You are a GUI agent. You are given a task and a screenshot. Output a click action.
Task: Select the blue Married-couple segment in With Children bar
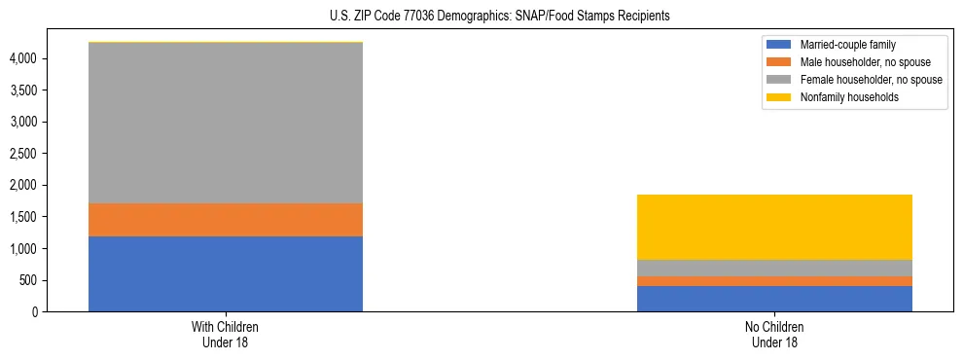pyautogui.click(x=226, y=273)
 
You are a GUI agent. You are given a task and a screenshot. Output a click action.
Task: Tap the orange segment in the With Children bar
pyautogui.click(x=226, y=220)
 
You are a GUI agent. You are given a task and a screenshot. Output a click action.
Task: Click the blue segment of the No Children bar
pyautogui.click(x=774, y=299)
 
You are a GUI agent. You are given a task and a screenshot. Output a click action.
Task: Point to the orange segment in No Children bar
pyautogui.click(x=774, y=281)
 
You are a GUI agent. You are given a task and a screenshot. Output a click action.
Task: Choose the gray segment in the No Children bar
pyautogui.click(x=774, y=268)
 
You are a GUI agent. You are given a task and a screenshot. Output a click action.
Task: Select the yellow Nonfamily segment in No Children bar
pyautogui.click(x=774, y=227)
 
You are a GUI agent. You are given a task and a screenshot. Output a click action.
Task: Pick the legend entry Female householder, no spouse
pyautogui.click(x=871, y=80)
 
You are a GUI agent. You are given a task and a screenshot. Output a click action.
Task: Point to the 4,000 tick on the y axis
pyautogui.click(x=23, y=58)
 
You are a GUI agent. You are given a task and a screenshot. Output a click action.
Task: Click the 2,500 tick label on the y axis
pyautogui.click(x=23, y=154)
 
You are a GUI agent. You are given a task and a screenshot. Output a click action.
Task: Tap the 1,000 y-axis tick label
pyautogui.click(x=23, y=249)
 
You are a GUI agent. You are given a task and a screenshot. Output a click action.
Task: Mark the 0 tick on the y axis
pyautogui.click(x=34, y=312)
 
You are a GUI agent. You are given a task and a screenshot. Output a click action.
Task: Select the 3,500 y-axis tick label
pyautogui.click(x=23, y=90)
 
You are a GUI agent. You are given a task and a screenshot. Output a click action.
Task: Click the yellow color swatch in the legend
pyautogui.click(x=779, y=97)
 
